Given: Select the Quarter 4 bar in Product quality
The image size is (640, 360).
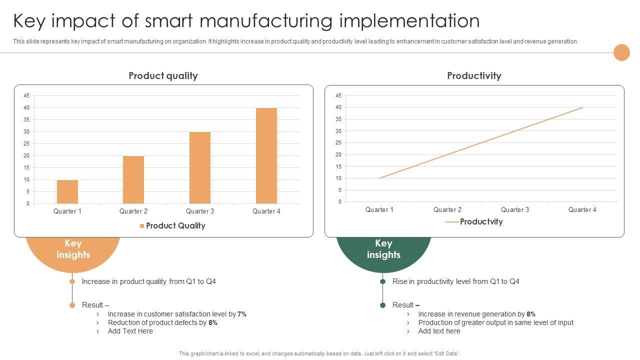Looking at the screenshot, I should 266,155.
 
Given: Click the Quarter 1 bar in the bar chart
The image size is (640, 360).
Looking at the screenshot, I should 67,191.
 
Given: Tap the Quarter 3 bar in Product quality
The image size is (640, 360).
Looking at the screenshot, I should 200,167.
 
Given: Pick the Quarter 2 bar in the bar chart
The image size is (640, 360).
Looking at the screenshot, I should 133,179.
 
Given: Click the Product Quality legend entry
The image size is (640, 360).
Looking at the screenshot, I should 172,226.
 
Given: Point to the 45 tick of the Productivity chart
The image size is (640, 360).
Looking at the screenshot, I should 338,95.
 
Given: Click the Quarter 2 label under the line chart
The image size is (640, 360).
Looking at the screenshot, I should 447,210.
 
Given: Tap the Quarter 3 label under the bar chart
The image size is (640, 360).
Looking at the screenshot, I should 200,211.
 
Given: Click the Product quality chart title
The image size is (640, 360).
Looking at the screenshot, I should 163,76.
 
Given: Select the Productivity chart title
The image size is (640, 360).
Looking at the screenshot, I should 474,76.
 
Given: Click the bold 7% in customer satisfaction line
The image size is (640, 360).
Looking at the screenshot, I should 242,314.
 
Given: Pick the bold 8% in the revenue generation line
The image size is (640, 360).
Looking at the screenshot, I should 531,314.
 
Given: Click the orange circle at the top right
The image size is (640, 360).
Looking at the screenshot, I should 621,52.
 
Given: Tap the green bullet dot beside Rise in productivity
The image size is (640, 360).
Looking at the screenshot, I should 383,281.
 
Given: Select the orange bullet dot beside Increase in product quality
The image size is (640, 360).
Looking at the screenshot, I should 72,281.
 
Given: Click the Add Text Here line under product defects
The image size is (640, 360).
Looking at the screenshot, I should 130,331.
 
